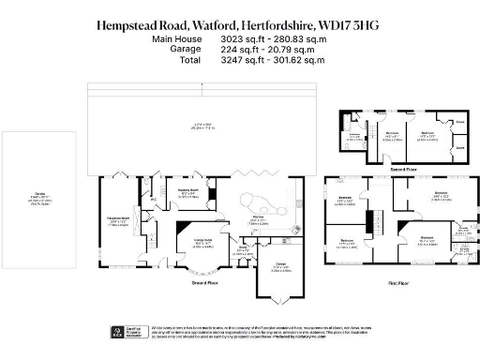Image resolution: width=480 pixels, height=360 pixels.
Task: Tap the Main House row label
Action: click(x=173, y=40)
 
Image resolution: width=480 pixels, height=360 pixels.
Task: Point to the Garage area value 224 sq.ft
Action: click(x=236, y=50)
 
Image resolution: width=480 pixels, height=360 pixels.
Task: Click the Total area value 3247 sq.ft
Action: click(x=236, y=59)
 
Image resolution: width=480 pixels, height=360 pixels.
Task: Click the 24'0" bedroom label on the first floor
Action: click(x=438, y=195)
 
